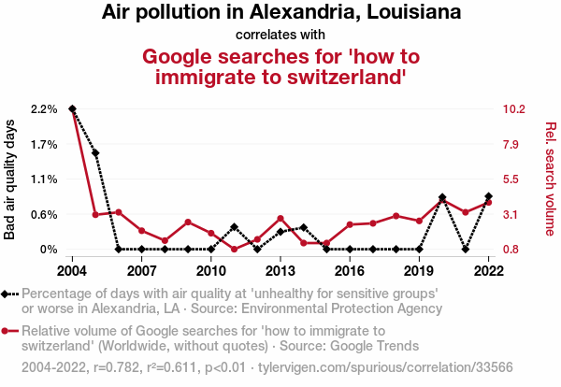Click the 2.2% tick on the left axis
coord(43,109)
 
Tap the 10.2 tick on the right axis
coord(514,109)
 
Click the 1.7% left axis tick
coord(43,145)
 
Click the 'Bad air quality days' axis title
coord(10,179)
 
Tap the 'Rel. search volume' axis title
coord(551,179)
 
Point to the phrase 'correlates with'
coord(280,36)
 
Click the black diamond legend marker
coord(9,293)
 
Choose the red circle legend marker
coord(9,331)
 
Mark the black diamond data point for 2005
coord(95,152)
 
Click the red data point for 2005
coord(95,215)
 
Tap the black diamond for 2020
coord(442,198)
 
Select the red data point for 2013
coord(280,219)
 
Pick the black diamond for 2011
coord(234,227)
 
